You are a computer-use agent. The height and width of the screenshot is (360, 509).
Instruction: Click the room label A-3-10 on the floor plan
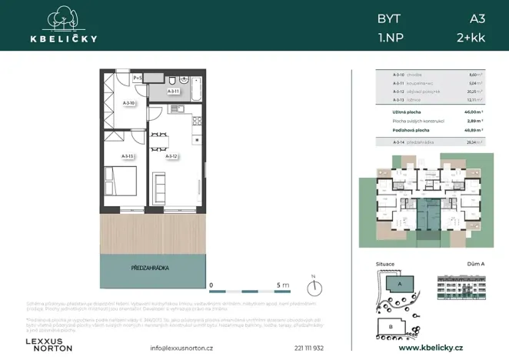pos(130,103)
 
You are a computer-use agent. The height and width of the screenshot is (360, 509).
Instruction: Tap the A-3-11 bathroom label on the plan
pos(174,92)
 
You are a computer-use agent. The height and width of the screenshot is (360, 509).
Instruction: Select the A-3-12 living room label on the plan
pos(172,156)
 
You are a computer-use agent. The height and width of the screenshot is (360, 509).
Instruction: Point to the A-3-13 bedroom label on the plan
pos(128,156)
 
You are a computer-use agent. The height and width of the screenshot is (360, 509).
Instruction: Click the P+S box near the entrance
pos(138,78)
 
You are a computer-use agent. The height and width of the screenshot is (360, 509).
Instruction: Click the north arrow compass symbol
pos(313,288)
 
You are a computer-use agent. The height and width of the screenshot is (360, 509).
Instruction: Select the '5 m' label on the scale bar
pos(281,284)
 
